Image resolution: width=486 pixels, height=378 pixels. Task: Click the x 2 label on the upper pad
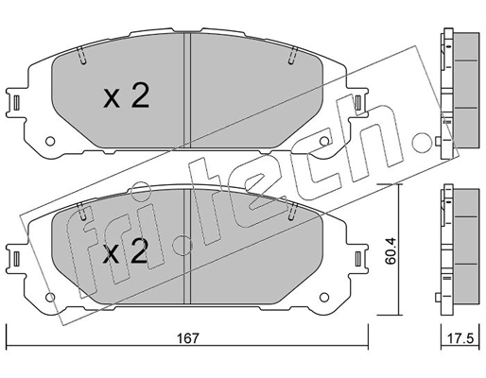(126, 96)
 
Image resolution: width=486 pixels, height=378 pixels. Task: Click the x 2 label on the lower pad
(126, 252)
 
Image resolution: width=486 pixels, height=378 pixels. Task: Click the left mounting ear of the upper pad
(18, 101)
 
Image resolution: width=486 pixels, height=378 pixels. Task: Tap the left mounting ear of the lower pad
(18, 256)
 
